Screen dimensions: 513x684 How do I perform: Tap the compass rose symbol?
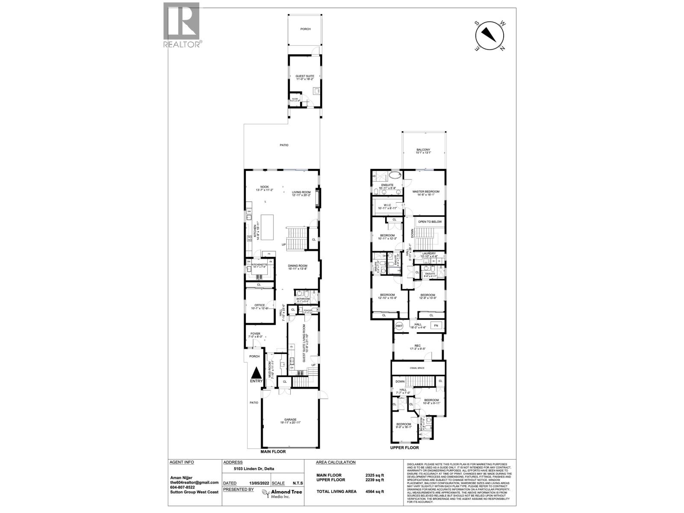click(490, 35)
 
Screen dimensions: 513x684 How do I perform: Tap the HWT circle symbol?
click(400, 326)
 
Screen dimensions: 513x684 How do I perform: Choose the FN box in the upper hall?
click(436, 326)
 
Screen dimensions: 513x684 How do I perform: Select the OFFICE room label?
click(260, 305)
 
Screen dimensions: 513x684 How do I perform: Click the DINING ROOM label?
click(298, 266)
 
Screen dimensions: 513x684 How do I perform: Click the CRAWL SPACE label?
click(419, 368)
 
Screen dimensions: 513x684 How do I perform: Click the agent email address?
click(195, 482)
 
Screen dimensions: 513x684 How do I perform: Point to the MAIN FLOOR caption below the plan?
click(273, 451)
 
